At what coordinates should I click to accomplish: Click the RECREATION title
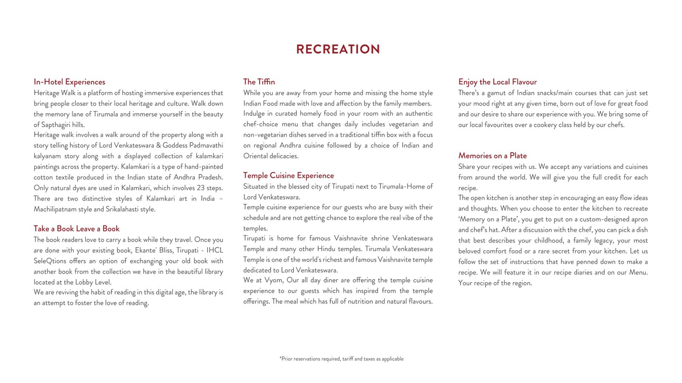pos(338,49)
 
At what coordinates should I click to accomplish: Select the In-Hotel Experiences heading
pos(69,82)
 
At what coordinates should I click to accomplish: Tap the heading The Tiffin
pos(259,82)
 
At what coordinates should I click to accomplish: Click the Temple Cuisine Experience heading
pos(289,175)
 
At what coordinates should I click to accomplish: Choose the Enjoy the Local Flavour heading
pos(497,82)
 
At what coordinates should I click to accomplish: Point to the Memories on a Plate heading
pos(492,156)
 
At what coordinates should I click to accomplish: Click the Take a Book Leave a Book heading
pos(77,229)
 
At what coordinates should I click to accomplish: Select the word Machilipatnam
pos(54,209)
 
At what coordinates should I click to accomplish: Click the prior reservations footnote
pos(341,359)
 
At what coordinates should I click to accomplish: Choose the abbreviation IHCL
pos(215,250)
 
